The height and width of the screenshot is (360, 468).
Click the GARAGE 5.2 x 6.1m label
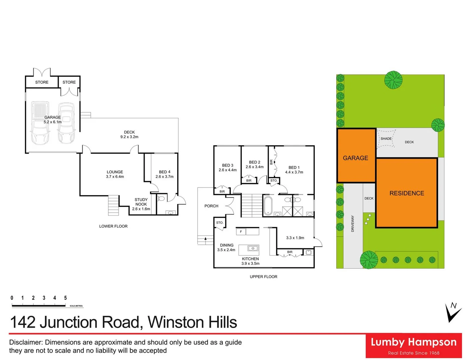click(x=53, y=120)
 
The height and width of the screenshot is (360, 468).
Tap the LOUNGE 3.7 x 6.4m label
click(x=115, y=174)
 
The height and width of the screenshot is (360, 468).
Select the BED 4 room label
click(x=165, y=174)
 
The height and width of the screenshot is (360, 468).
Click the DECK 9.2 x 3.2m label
click(x=129, y=134)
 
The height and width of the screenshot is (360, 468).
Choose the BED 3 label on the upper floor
click(x=228, y=168)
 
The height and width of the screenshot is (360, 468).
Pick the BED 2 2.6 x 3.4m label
click(x=255, y=165)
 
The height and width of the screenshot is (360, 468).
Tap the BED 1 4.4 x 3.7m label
click(x=294, y=170)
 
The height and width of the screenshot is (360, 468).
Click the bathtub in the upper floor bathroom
click(x=268, y=206)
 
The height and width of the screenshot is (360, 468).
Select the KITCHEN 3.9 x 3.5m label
click(x=250, y=261)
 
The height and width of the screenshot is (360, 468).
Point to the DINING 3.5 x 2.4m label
click(x=226, y=247)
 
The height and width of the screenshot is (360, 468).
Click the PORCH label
click(x=211, y=206)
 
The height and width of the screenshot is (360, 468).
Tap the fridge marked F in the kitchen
click(x=241, y=232)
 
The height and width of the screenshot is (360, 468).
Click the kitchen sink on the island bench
click(x=253, y=248)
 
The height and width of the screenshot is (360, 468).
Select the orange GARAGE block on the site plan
click(x=356, y=155)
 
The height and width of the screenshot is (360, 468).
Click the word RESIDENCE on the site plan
click(x=407, y=193)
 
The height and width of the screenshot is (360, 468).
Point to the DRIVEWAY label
click(x=353, y=224)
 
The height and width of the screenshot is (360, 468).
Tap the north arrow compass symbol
click(x=453, y=312)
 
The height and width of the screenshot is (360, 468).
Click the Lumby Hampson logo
click(x=414, y=346)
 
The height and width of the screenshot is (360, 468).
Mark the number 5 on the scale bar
click(x=65, y=298)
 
